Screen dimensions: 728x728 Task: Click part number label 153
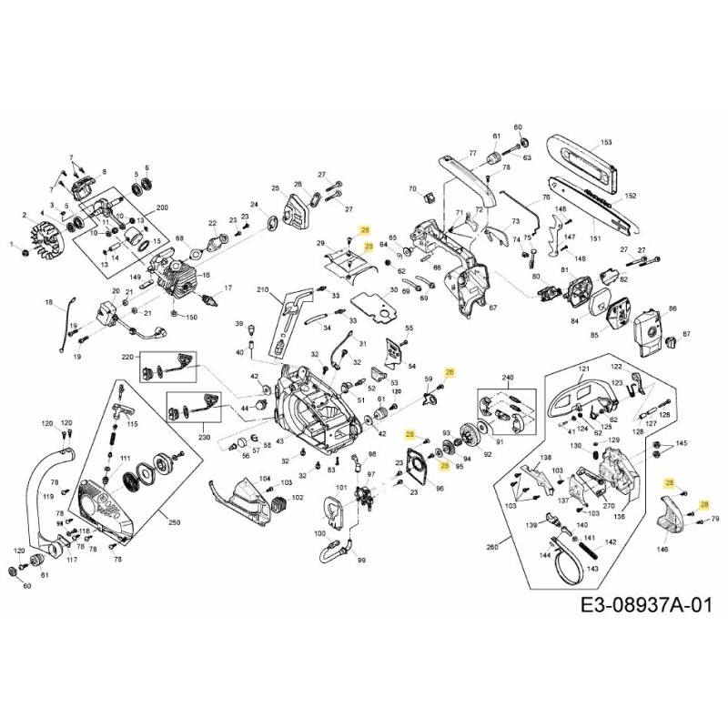(607, 143)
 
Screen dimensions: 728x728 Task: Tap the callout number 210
(262, 291)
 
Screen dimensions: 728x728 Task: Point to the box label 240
(508, 376)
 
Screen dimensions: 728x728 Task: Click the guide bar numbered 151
(595, 238)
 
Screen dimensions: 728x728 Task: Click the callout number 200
(163, 207)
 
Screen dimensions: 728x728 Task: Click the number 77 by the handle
(472, 153)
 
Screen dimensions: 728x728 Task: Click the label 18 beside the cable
(49, 301)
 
